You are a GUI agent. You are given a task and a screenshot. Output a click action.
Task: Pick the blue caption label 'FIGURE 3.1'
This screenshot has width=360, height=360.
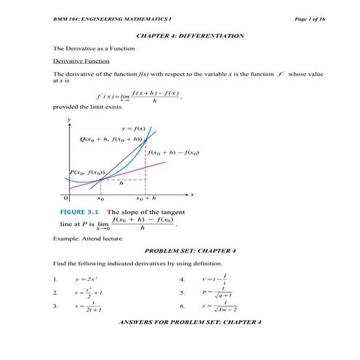click(x=79, y=212)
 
